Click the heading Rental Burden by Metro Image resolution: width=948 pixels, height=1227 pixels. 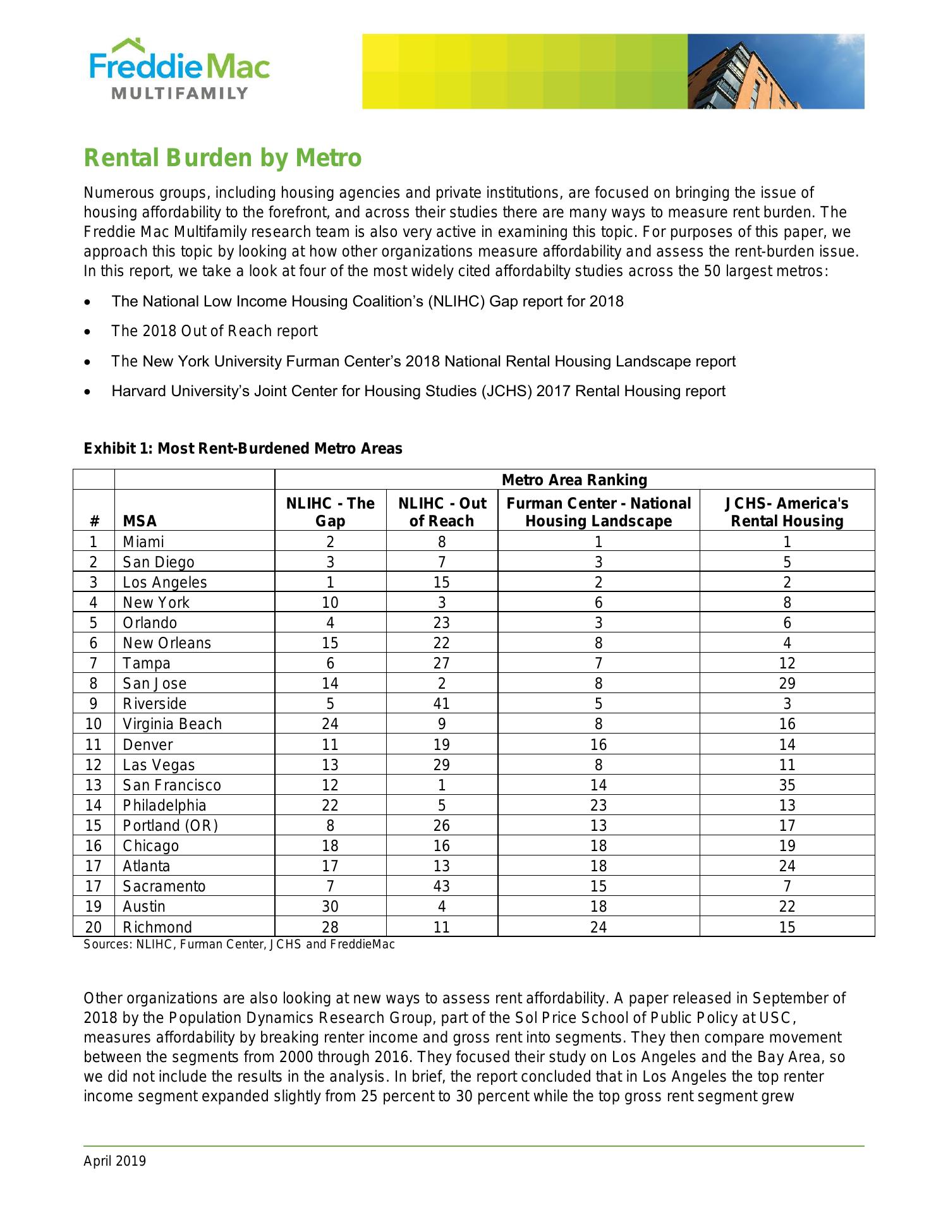tap(222, 157)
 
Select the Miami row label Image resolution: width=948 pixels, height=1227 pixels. tap(143, 541)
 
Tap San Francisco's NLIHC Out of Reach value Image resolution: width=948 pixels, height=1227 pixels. tap(441, 785)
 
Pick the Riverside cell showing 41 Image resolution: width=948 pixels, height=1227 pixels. tap(441, 703)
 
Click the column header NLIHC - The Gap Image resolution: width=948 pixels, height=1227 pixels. tap(330, 512)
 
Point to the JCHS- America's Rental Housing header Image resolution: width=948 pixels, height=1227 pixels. tap(787, 512)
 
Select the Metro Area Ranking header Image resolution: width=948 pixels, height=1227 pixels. tap(574, 480)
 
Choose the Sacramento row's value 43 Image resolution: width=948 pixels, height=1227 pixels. tap(441, 886)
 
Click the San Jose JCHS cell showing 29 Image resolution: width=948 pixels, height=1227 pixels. tap(787, 683)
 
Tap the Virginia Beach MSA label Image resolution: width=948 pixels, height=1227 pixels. tap(172, 723)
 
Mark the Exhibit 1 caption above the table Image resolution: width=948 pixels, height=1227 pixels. tap(243, 449)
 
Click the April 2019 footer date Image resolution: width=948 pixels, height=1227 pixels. tap(114, 1161)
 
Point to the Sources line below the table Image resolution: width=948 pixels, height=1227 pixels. tap(239, 944)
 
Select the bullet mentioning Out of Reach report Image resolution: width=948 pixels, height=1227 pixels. tap(214, 331)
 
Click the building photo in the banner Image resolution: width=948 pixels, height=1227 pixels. tap(775, 71)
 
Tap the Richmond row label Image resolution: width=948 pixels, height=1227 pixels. tap(157, 927)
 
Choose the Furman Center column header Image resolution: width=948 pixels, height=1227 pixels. tap(598, 512)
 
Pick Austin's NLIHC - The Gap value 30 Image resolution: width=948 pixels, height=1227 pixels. tap(330, 906)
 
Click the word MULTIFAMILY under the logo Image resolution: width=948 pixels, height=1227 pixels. tap(179, 94)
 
